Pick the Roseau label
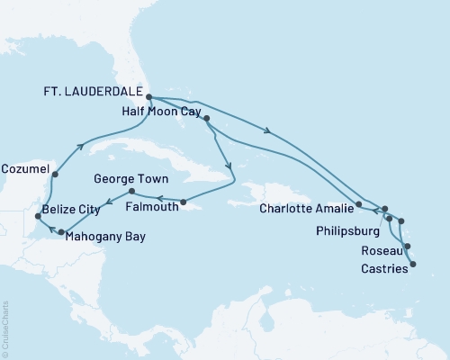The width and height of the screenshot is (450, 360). click(x=377, y=252)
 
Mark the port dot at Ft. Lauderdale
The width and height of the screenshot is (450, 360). click(x=149, y=98)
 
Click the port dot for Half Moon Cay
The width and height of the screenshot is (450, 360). click(x=207, y=119)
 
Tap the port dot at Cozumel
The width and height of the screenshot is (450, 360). click(x=56, y=175)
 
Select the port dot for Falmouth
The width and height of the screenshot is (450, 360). click(x=183, y=202)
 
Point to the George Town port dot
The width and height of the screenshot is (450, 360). click(x=131, y=192)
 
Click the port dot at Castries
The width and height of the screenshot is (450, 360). click(x=413, y=264)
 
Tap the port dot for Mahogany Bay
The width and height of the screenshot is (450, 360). click(x=61, y=233)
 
